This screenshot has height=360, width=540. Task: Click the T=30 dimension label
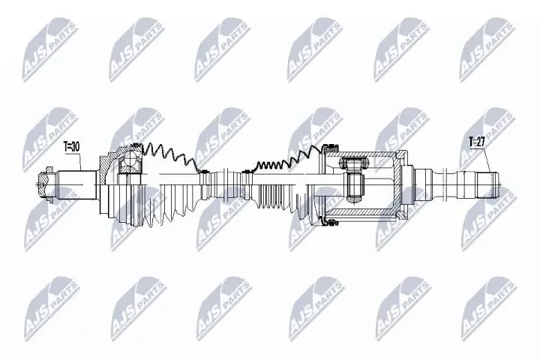point(71,147)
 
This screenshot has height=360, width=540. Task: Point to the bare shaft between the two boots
point(229,180)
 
